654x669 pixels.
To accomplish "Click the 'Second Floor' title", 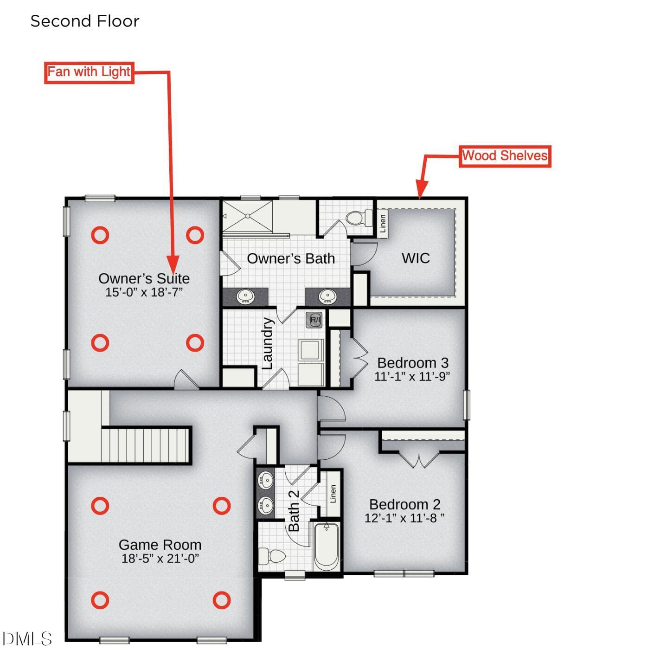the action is tap(85, 21).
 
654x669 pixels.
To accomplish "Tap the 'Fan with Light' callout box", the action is tap(89, 72).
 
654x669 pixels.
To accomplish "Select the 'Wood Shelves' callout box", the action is tap(505, 156).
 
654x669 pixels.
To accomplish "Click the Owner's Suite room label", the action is tap(144, 278).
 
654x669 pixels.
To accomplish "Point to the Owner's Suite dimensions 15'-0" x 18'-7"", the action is tap(144, 292).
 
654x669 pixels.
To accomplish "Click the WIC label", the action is tap(416, 258).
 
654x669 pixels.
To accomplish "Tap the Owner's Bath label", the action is tap(291, 258).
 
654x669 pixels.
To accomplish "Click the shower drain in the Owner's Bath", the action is tap(248, 216).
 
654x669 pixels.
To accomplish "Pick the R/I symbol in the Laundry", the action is tap(314, 320).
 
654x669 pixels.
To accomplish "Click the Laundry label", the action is tap(267, 343).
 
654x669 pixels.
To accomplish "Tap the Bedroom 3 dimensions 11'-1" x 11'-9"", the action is tap(412, 376).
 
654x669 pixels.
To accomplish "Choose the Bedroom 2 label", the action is tap(404, 505).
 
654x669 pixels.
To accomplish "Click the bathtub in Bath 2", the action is tap(327, 547).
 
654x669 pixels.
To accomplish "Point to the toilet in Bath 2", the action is tap(272, 556).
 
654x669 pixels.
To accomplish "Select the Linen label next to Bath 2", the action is tap(333, 494).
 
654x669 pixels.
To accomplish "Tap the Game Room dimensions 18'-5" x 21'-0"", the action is tap(160, 559).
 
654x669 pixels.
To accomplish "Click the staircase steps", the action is tap(145, 445).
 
